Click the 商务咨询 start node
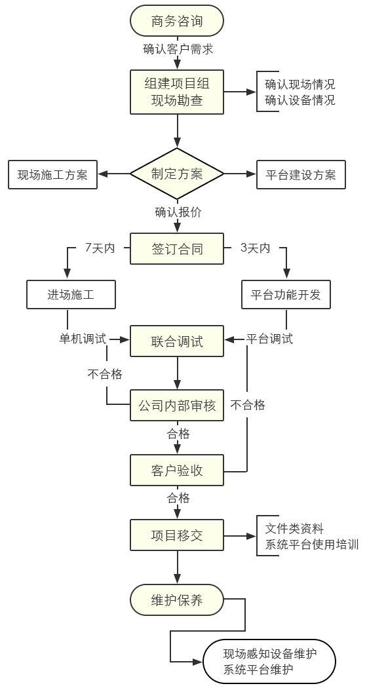tap(177, 20)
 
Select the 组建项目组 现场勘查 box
tap(177, 92)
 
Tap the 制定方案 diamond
tap(177, 174)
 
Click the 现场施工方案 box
tap(52, 175)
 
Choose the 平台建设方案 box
tap(301, 175)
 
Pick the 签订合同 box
tap(177, 249)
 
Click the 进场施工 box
tap(71, 295)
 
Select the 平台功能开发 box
tap(286, 295)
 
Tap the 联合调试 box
tap(177, 341)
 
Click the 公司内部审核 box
tap(177, 406)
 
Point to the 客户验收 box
tap(177, 470)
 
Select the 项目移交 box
tap(177, 535)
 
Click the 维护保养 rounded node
tap(177, 600)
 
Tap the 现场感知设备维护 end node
tap(269, 661)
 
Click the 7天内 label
tap(100, 248)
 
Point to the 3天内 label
tap(256, 248)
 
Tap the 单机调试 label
tap(83, 339)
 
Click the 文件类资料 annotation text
tap(294, 528)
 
